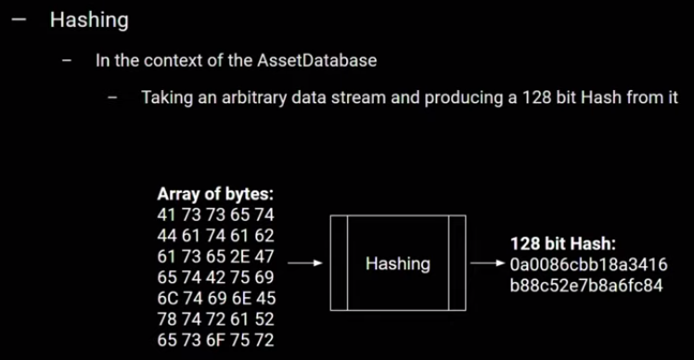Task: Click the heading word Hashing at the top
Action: tap(89, 19)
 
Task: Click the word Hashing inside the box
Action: tap(398, 264)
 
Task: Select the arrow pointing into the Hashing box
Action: tap(304, 264)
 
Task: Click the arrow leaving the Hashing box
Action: tap(488, 264)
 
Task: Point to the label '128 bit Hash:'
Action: tap(563, 244)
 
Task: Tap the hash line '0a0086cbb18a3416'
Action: tap(588, 264)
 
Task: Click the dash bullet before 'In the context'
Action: tap(67, 61)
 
